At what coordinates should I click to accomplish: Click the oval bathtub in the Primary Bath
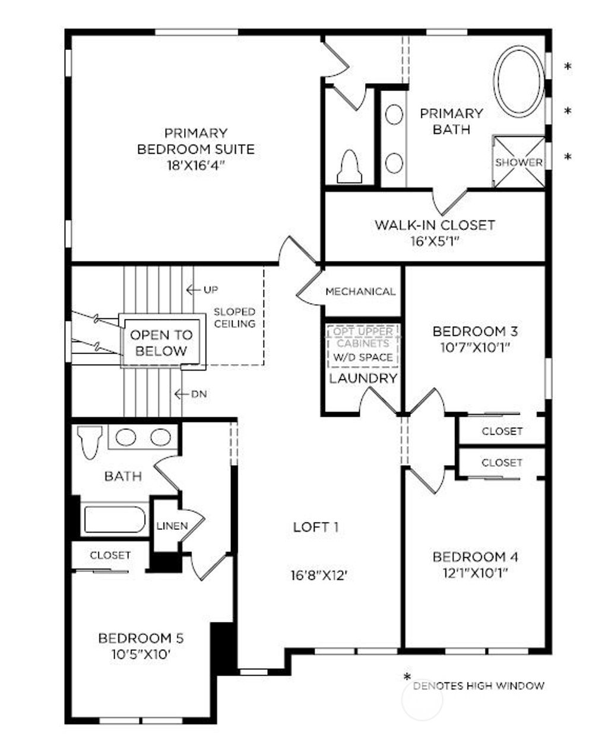tap(520, 81)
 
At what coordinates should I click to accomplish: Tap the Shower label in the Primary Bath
tap(519, 162)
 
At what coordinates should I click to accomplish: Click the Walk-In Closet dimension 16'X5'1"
tap(434, 241)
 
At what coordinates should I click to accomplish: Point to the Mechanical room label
tap(360, 292)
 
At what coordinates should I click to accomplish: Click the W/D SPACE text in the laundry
tap(363, 357)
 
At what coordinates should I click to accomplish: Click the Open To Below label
tap(161, 343)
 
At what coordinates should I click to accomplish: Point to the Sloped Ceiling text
tap(235, 318)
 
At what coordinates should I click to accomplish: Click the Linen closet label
tap(172, 526)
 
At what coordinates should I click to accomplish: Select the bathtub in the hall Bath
tap(115, 519)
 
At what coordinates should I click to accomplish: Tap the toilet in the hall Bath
tap(90, 441)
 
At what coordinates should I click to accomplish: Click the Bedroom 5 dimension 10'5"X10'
tap(141, 654)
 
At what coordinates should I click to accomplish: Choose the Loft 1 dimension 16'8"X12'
tap(318, 575)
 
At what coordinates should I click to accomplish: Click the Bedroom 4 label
tap(475, 557)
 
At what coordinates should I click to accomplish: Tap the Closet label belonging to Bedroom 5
tap(110, 555)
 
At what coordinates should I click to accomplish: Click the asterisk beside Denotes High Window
tap(407, 677)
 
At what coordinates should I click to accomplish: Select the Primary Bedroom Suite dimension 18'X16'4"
tap(195, 165)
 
